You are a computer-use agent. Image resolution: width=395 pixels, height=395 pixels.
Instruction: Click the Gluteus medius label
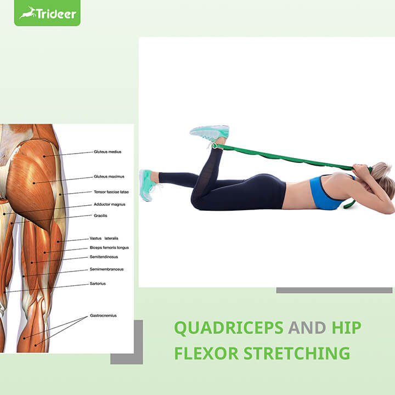pyautogui.click(x=107, y=152)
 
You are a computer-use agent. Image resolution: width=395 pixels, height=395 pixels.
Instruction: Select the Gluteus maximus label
pyautogui.click(x=109, y=177)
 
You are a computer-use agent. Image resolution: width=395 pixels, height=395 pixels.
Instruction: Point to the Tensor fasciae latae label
pyautogui.click(x=111, y=193)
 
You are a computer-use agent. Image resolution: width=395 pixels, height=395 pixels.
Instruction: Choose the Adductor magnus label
pyautogui.click(x=109, y=204)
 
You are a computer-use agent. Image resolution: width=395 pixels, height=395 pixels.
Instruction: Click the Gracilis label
pyautogui.click(x=100, y=216)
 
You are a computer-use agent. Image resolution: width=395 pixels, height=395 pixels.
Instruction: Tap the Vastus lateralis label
pyautogui.click(x=104, y=239)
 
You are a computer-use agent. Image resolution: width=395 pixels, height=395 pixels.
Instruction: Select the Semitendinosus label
pyautogui.click(x=104, y=257)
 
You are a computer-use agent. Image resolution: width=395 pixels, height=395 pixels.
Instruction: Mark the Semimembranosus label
pyautogui.click(x=106, y=269)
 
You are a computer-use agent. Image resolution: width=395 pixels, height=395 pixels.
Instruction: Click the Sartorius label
pyautogui.click(x=98, y=284)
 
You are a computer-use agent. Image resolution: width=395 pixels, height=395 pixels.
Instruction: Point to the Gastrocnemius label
pyautogui.click(x=103, y=316)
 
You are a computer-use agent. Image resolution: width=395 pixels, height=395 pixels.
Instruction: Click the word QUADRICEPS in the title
pyautogui.click(x=229, y=328)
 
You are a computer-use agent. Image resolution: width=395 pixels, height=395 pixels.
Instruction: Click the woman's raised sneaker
pyautogui.click(x=209, y=133)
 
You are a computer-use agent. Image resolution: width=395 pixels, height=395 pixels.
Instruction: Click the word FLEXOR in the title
pyautogui.click(x=205, y=353)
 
